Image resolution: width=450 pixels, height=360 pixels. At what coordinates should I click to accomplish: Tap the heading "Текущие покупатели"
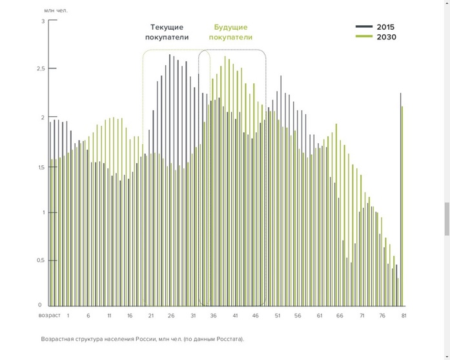(167, 32)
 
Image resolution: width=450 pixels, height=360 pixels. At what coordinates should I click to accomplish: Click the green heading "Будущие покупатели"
(230, 32)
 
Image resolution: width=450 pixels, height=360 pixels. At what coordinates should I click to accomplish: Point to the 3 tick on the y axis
(43, 21)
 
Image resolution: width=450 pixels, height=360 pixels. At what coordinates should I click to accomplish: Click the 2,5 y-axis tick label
(41, 68)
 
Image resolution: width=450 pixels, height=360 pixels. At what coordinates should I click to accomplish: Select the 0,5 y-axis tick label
(41, 260)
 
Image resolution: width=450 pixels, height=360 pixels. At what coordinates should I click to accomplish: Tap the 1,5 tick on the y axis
(41, 167)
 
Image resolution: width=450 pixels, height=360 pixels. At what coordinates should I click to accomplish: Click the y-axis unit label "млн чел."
(56, 10)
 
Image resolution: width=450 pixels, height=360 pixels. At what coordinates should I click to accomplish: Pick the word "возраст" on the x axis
(50, 315)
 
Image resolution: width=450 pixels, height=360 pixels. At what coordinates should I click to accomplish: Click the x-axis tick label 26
(172, 315)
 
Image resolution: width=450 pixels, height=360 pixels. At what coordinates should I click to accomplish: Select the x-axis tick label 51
(278, 315)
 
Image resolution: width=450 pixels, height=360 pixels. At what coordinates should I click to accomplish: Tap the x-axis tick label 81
(404, 315)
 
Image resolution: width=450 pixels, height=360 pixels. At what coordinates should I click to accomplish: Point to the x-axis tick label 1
(67, 315)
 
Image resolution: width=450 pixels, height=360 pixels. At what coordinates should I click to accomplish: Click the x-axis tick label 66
(340, 315)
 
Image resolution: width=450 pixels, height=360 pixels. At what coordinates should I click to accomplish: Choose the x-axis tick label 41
(236, 315)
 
